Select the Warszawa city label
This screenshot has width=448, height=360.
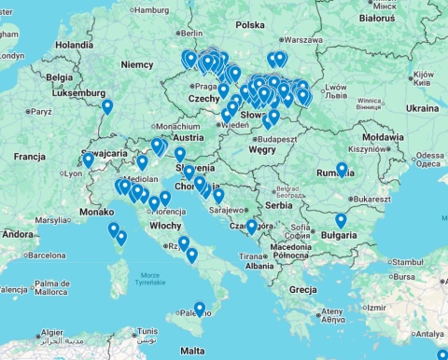(x=302, y=40)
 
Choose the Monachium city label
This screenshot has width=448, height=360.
(x=177, y=127)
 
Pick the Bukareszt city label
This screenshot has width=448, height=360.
(x=371, y=199)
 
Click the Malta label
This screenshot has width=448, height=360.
(x=192, y=351)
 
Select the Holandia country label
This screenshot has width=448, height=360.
(x=75, y=44)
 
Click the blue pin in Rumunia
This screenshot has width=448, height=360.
(x=342, y=170)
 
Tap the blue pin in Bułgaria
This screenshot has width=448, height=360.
(x=341, y=221)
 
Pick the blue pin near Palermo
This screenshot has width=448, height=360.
(x=199, y=309)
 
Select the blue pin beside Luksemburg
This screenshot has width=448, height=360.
(x=107, y=106)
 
